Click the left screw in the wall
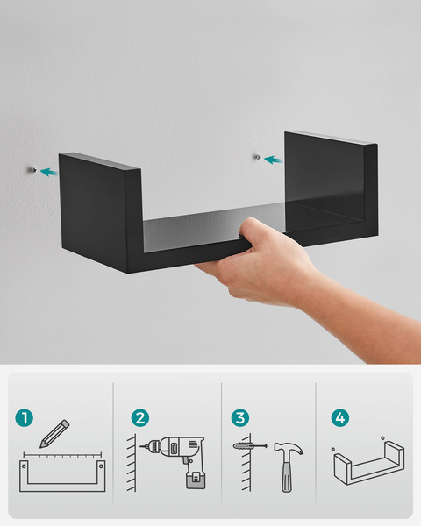coord(33,170)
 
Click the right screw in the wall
coord(258,157)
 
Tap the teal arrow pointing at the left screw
coord(49,172)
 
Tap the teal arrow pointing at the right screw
coord(273,160)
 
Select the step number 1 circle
coord(25,418)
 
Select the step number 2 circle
coord(140,418)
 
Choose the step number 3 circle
coord(240,418)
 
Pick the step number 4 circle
coord(340,418)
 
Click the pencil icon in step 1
coord(54,433)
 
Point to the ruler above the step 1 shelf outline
coord(62,455)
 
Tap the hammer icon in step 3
coord(288,466)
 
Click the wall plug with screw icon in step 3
coord(250,446)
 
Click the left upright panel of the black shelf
coord(101,213)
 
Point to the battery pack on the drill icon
coord(196,480)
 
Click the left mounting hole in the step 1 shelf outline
coord(24,466)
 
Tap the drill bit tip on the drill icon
coord(140,446)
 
